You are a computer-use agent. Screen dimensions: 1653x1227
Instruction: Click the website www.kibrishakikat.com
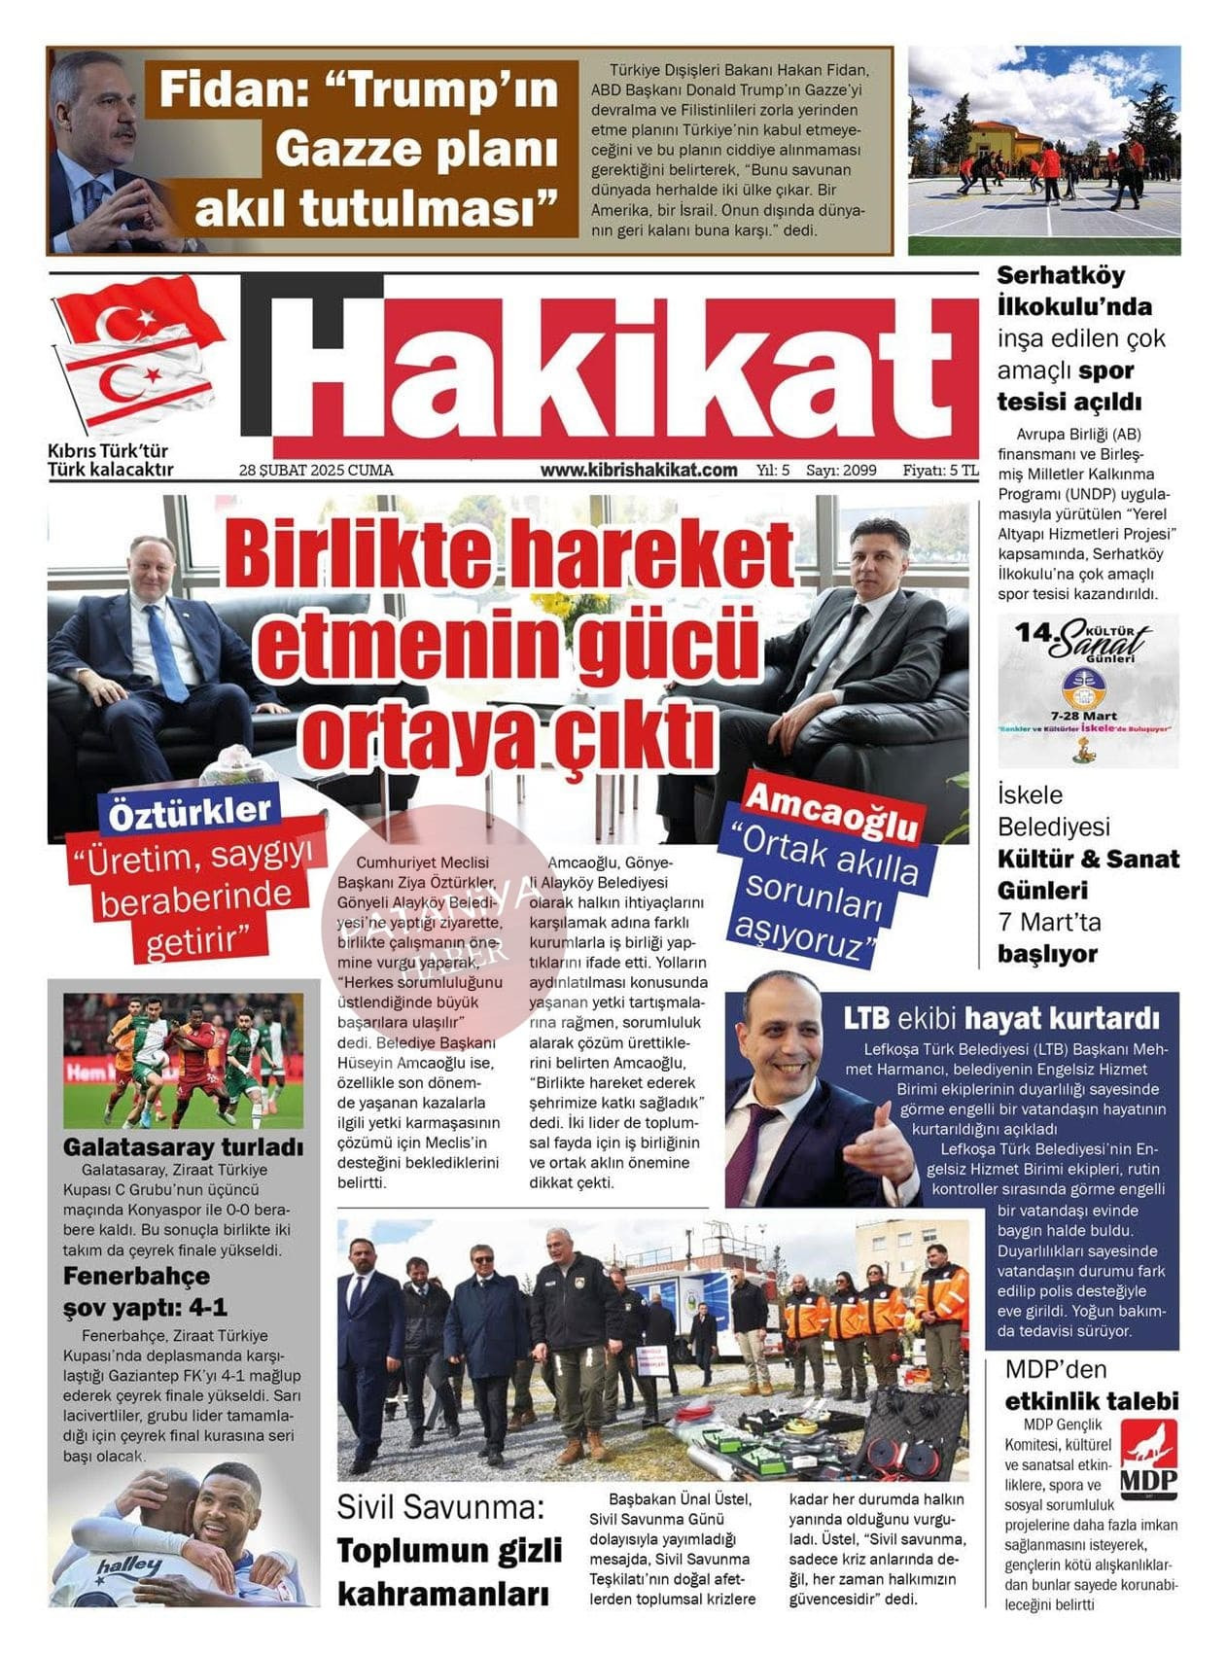[x=639, y=470]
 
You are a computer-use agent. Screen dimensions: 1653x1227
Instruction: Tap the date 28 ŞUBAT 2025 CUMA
[x=316, y=471]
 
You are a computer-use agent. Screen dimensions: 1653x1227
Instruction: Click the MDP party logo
[x=1148, y=1459]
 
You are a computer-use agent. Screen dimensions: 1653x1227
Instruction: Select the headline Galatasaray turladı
[x=183, y=1147]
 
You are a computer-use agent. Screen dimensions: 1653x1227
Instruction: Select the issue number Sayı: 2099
[x=841, y=471]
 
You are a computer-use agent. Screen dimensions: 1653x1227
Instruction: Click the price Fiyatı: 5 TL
[x=939, y=471]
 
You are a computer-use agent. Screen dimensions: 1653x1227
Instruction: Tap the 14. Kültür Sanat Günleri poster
[x=1088, y=690]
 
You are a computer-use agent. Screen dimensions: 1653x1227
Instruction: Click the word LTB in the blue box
[x=865, y=1018]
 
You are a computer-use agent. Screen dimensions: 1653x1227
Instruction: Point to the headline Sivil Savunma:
[x=439, y=1507]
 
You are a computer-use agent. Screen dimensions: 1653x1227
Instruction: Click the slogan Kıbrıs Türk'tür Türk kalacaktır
[x=110, y=461]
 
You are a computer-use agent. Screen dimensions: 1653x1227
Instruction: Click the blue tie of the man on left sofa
[x=166, y=652]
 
